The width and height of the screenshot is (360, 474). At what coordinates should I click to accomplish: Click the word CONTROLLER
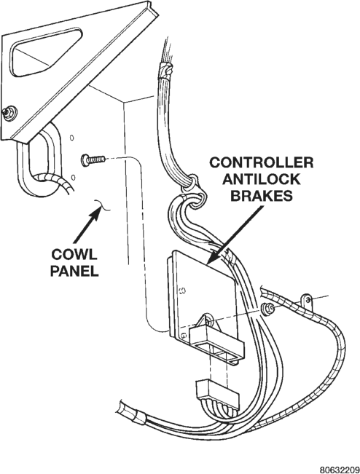262,162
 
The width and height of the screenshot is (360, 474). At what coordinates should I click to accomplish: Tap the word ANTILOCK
262,179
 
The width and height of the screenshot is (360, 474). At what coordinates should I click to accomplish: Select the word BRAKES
262,196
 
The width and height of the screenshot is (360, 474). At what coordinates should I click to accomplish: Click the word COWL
74,254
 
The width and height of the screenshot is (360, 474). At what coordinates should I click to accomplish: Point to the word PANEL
74,271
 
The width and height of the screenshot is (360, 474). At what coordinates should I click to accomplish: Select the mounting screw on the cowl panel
93,159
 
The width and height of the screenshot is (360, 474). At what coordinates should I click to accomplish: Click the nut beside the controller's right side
267,309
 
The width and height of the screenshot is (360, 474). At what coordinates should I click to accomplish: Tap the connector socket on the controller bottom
217,344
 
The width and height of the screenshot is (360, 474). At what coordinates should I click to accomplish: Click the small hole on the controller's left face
182,291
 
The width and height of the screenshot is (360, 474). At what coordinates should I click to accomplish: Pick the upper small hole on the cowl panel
71,138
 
